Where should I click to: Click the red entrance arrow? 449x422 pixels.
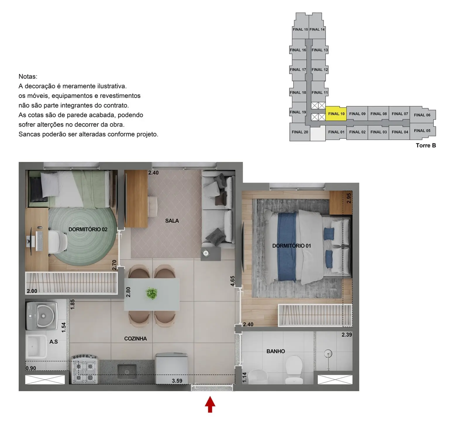coord(210,404)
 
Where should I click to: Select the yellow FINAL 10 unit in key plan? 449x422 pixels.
coord(336,114)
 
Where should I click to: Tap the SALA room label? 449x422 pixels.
coord(172,221)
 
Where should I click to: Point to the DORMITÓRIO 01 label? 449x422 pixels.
coord(291,246)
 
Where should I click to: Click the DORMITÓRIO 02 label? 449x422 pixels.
coord(88,229)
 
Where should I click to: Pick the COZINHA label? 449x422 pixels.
coord(135,339)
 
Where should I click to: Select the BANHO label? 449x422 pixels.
coord(275,351)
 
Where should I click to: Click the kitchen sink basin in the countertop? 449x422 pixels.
coord(127,371)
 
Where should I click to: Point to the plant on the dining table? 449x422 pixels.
coord(151,293)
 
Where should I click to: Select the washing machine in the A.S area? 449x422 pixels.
coord(41,315)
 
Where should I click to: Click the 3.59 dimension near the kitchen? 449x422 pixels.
coord(177,381)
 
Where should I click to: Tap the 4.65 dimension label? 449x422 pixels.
coord(232,281)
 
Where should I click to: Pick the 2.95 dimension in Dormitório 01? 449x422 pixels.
coord(348,198)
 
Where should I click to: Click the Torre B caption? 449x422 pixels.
coord(426,145)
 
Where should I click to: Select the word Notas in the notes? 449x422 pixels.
coord(28,77)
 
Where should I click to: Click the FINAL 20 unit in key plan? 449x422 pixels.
coord(300,132)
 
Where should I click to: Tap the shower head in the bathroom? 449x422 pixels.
coord(329,354)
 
